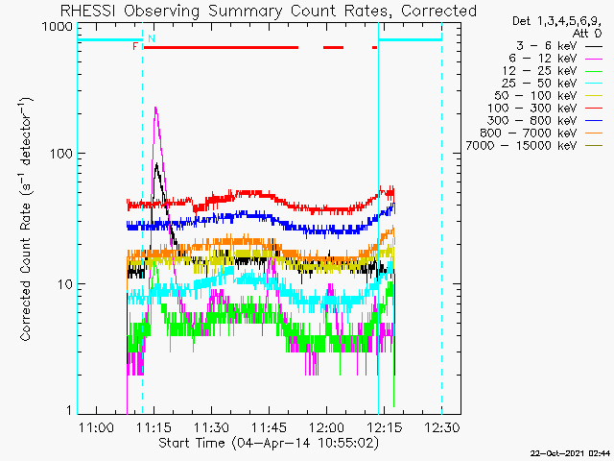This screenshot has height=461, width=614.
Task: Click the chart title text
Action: [x=269, y=11]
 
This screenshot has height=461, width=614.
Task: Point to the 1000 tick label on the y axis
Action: [x=58, y=27]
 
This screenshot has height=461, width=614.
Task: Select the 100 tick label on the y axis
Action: [x=61, y=154]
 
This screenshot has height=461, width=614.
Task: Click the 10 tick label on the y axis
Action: [x=66, y=284]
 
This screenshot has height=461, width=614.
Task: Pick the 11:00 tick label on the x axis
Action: [x=96, y=426]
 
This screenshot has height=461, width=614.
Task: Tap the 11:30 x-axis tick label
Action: [x=211, y=426]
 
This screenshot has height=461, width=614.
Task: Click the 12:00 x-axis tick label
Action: [x=326, y=426]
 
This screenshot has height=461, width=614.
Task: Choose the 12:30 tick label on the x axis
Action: [x=441, y=426]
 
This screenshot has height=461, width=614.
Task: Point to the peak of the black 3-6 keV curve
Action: [x=156, y=164]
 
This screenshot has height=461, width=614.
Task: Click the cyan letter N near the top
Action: [x=152, y=38]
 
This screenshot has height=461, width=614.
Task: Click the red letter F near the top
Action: [x=135, y=47]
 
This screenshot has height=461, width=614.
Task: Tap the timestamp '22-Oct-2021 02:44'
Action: [x=571, y=453]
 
